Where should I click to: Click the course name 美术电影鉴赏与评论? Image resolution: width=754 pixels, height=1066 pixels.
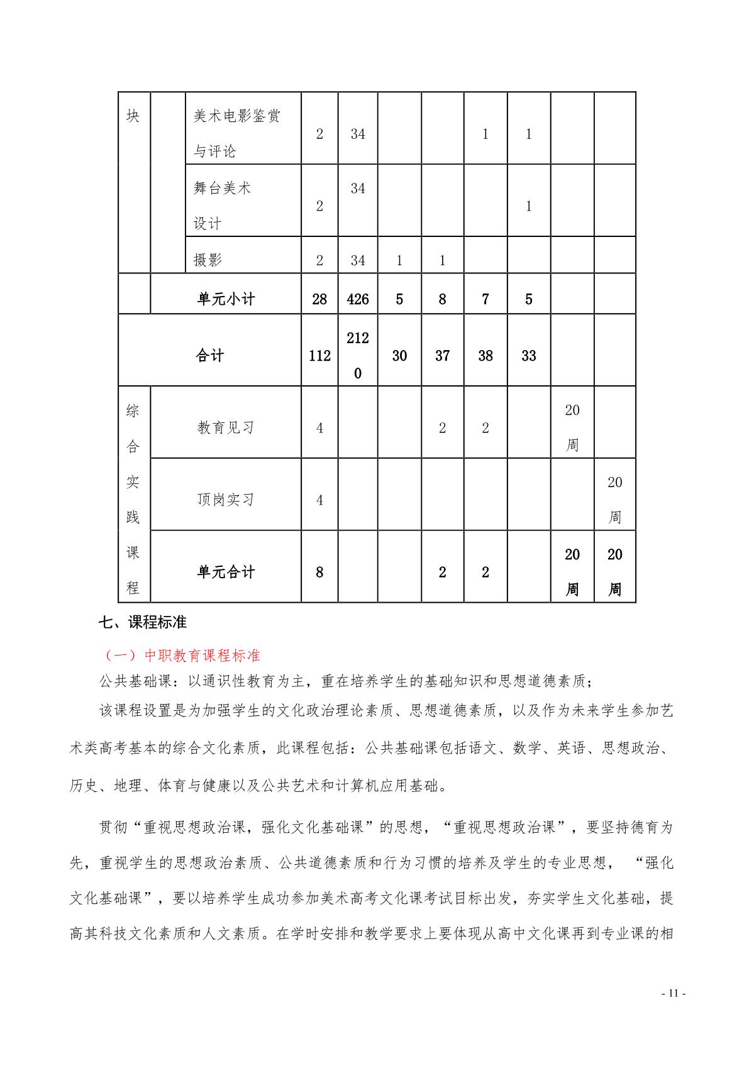236,133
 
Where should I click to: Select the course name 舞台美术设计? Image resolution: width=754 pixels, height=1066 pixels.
222,205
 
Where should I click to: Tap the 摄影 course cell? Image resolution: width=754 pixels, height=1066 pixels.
208,260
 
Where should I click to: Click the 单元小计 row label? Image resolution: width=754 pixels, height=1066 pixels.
226,299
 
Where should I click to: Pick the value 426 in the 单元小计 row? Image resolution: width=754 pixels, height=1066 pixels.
358,299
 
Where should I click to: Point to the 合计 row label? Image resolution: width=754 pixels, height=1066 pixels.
210,356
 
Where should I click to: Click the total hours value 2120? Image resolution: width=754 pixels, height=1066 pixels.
358,356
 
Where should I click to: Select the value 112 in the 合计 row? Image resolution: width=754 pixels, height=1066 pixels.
319,356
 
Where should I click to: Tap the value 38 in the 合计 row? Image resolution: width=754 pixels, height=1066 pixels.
485,356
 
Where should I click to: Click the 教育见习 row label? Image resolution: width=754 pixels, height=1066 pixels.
226,428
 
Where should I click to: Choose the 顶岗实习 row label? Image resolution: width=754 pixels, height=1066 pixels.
226,500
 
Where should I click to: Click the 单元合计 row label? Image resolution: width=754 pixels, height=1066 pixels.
226,572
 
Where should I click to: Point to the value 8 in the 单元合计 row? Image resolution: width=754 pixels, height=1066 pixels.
319,572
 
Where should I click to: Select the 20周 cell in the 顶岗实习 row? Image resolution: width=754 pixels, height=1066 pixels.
615,500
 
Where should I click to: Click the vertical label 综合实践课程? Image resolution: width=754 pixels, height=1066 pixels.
133,500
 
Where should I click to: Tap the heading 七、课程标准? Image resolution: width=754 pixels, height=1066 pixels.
143,622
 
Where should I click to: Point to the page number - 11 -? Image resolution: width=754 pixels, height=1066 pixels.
673,993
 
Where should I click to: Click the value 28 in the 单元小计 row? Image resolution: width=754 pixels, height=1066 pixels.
319,299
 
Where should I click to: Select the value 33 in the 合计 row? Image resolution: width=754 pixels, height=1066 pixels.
529,356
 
